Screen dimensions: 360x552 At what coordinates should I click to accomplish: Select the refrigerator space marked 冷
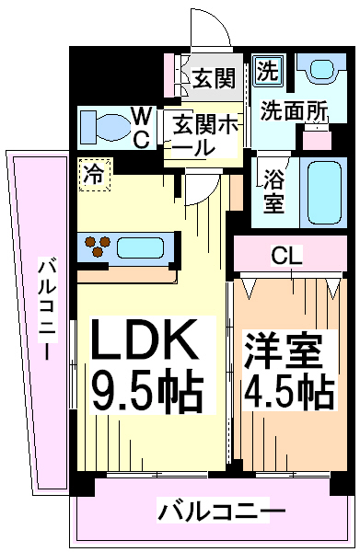pyautogui.click(x=95, y=175)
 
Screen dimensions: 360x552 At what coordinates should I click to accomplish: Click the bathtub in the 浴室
pyautogui.click(x=324, y=192)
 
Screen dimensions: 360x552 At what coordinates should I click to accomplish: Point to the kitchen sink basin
pyautogui.click(x=140, y=247)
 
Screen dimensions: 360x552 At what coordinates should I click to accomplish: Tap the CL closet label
pyautogui.click(x=286, y=257)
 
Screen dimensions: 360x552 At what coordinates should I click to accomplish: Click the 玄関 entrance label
pyautogui.click(x=214, y=78)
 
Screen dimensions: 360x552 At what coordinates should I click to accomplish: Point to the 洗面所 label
pyautogui.click(x=294, y=110)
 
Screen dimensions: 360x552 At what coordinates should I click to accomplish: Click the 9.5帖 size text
pyautogui.click(x=148, y=391)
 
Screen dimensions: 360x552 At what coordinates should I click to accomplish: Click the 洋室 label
pyautogui.click(x=284, y=351)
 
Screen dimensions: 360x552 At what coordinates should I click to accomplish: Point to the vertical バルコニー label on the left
pyautogui.click(x=48, y=308)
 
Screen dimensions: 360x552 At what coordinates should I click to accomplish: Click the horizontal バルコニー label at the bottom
pyautogui.click(x=220, y=512)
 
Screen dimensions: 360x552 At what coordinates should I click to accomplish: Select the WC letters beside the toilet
pyautogui.click(x=141, y=128)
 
